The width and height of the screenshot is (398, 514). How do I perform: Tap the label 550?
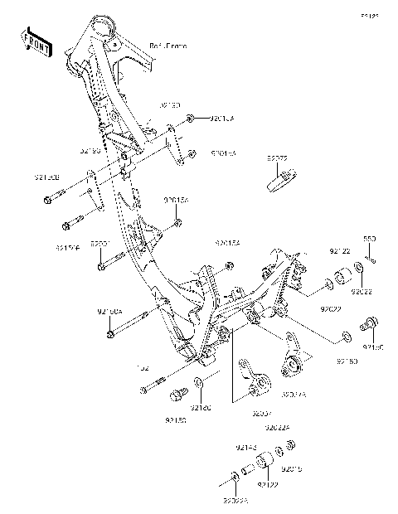point(371,239)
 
